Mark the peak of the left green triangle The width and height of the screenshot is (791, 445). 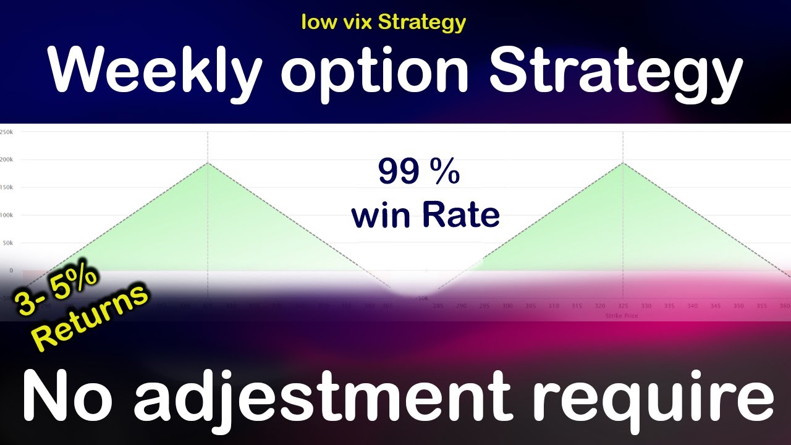[208, 163]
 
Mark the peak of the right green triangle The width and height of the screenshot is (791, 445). [623, 163]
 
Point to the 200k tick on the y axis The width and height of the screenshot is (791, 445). [7, 159]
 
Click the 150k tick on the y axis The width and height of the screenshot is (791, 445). [7, 187]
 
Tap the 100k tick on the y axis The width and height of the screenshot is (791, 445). [7, 215]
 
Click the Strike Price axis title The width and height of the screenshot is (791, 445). [622, 316]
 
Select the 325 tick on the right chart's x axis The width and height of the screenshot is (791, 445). [623, 306]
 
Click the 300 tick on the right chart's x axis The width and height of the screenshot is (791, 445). [508, 306]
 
